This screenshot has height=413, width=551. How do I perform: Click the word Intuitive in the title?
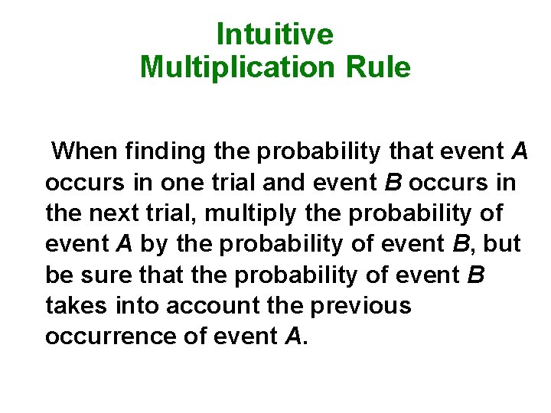click(275, 34)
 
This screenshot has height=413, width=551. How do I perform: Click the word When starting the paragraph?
click(84, 151)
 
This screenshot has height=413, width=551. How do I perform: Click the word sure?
click(103, 275)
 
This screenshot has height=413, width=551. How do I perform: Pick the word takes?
click(78, 305)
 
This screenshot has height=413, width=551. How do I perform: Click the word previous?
click(360, 305)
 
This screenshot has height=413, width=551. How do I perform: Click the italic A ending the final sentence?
click(293, 336)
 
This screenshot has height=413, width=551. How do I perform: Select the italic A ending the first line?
click(519, 151)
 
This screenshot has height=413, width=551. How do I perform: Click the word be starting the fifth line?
click(60, 275)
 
